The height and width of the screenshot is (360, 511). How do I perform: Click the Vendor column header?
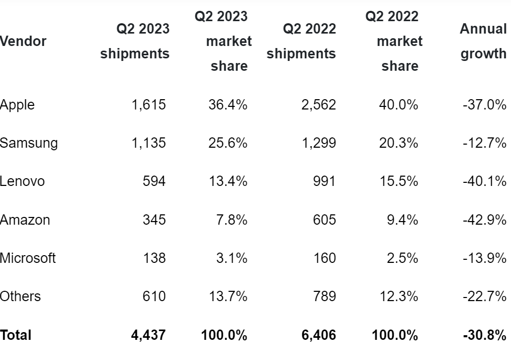pyautogui.click(x=23, y=41)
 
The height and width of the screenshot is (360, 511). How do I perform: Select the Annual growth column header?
pyautogui.click(x=483, y=41)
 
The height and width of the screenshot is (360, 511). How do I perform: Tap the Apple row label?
pyautogui.click(x=18, y=105)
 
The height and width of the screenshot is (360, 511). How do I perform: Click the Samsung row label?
pyautogui.click(x=29, y=143)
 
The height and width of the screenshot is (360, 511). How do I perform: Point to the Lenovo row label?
pyautogui.click(x=22, y=181)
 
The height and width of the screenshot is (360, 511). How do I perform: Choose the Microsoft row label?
pyautogui.click(x=28, y=258)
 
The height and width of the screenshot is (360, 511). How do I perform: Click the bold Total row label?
pyautogui.click(x=16, y=335)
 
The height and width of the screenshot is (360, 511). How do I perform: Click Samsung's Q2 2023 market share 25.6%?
pyautogui.click(x=227, y=143)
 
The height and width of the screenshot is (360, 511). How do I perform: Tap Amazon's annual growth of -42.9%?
pyautogui.click(x=484, y=220)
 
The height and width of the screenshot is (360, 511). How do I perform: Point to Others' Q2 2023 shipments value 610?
pyautogui.click(x=154, y=296)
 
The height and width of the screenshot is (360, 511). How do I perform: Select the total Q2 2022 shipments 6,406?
pyautogui.click(x=318, y=335)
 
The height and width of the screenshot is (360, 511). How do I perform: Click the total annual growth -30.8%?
pyautogui.click(x=484, y=335)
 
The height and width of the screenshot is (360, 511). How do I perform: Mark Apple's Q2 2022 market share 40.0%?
pyautogui.click(x=398, y=105)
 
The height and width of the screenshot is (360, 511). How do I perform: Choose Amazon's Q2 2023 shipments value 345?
pyautogui.click(x=154, y=220)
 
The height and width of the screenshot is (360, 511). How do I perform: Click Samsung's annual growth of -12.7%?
pyautogui.click(x=484, y=143)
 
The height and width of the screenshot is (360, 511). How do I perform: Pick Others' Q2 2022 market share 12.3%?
pyautogui.click(x=398, y=296)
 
